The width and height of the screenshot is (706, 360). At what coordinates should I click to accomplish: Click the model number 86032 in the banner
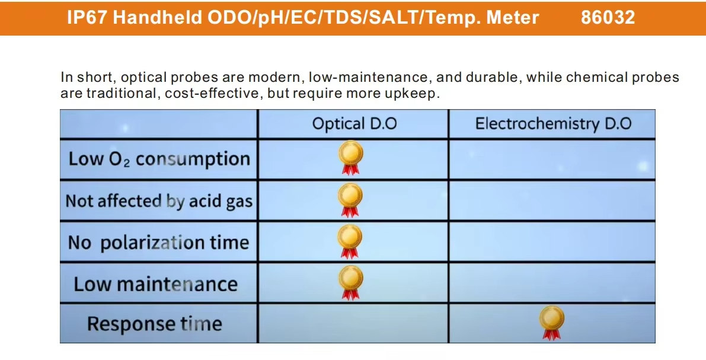tap(608, 18)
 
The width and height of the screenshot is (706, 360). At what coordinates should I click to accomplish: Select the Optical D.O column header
tap(354, 124)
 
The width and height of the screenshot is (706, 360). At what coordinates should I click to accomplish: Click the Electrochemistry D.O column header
tap(554, 124)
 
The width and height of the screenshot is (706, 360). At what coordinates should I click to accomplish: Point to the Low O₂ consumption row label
tap(159, 159)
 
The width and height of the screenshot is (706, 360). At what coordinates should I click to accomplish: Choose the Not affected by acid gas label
tap(159, 201)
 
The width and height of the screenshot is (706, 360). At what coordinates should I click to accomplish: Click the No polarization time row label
tap(158, 243)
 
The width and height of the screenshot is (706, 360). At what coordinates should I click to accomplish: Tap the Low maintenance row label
tap(155, 284)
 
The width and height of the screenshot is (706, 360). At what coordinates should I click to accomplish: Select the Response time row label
tap(155, 323)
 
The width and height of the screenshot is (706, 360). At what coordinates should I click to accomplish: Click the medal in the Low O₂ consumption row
tap(350, 157)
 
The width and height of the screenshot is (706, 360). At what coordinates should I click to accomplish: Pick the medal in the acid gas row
tap(350, 200)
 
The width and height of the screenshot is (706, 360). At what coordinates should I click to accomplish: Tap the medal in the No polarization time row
tap(350, 241)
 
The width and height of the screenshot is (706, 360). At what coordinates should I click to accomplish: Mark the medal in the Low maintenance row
tap(350, 282)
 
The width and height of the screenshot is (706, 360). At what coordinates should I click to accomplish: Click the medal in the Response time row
tap(551, 323)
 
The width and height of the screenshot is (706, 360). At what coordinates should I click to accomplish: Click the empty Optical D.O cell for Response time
tap(353, 323)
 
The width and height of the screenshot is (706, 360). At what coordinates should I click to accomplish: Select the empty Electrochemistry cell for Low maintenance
tap(552, 283)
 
